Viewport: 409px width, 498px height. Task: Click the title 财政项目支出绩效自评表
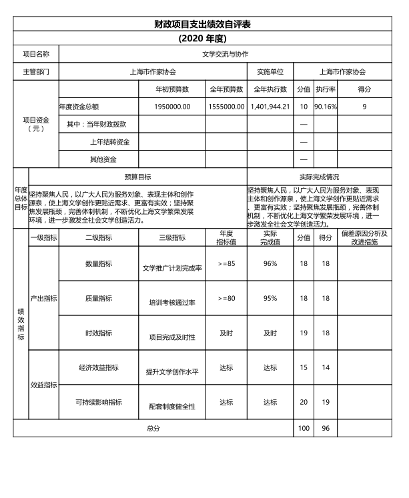coord(204,25)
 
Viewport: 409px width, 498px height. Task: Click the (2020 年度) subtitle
coord(204,38)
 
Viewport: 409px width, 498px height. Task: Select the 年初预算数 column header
coord(172,89)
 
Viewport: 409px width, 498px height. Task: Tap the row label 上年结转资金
coord(110,142)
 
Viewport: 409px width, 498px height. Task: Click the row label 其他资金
coord(103,159)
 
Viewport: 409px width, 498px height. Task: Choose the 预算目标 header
coord(138,177)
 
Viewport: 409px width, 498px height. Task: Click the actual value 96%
coord(270,263)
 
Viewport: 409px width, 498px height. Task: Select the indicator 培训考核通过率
coord(172,302)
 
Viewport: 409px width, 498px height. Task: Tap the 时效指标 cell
coord(98,333)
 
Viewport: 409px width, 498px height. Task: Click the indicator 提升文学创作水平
coord(172,371)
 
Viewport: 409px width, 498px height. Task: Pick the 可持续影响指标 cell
coord(98,402)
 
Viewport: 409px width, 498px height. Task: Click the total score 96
coord(326,427)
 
